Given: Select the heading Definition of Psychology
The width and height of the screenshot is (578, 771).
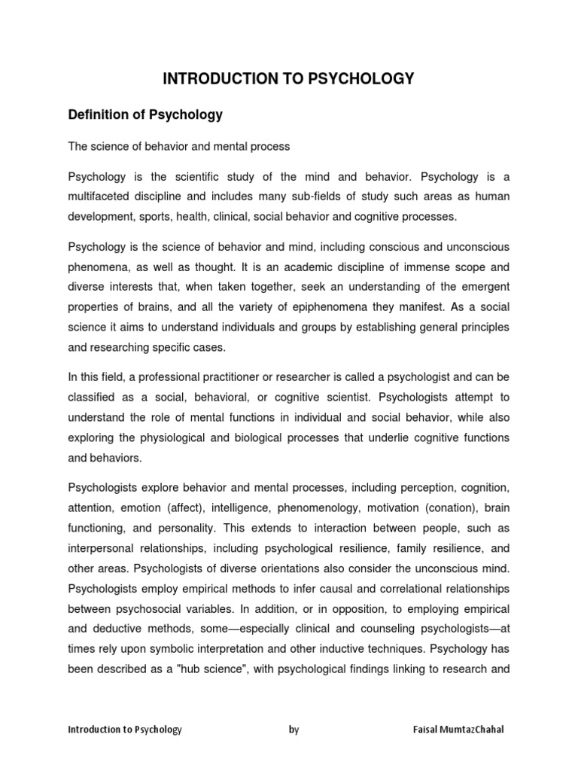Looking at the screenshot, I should click(145, 115).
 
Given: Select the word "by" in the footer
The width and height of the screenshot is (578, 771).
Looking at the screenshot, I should click(294, 730).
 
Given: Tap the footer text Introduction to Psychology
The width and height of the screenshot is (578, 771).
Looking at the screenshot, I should click(125, 730).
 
